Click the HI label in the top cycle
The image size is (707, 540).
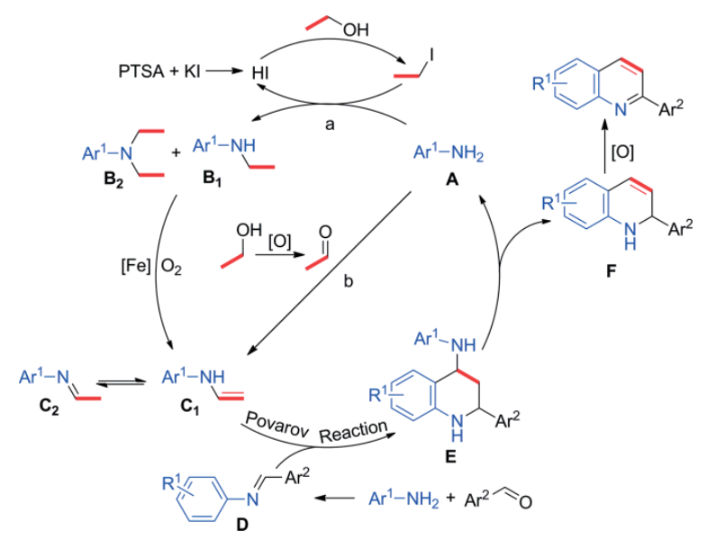[262, 69]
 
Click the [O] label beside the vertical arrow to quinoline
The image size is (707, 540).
[622, 151]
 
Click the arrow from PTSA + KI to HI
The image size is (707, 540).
[224, 69]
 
